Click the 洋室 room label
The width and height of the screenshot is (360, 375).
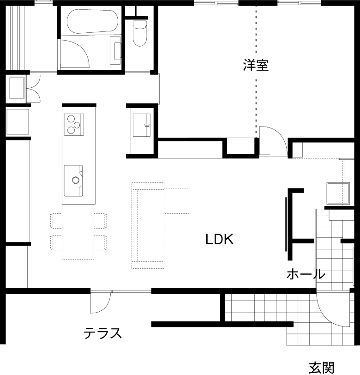click(x=256, y=65)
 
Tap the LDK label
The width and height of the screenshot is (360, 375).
click(x=220, y=239)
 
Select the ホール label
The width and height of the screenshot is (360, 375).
click(x=306, y=274)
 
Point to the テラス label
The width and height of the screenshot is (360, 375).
click(x=103, y=333)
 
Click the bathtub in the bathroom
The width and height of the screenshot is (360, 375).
click(x=92, y=22)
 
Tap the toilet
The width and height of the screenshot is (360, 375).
click(x=139, y=33)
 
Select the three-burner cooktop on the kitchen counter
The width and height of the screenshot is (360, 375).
click(x=74, y=125)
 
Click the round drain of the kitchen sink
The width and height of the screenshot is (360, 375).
click(x=76, y=180)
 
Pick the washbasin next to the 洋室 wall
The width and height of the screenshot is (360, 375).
click(x=142, y=125)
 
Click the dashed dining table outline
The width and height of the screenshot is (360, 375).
click(x=78, y=232)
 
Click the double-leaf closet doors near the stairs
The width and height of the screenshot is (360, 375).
click(x=34, y=89)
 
